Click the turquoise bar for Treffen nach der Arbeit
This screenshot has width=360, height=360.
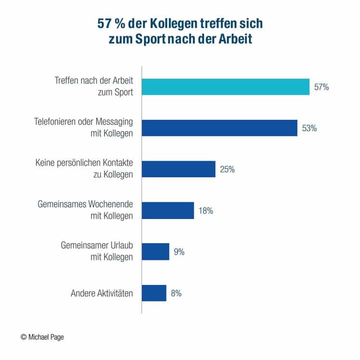[225, 87]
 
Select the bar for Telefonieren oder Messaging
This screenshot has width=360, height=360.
[219, 128]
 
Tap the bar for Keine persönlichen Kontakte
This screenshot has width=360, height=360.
[178, 169]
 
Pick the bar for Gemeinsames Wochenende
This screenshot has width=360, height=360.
[167, 210]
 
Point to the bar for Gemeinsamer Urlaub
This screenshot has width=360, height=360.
[155, 252]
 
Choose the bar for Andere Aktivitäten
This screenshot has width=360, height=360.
[154, 293]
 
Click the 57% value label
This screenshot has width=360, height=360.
[321, 87]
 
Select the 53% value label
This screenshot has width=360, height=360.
[309, 129]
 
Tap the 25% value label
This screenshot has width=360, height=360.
[227, 169]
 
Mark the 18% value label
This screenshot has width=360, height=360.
[206, 211]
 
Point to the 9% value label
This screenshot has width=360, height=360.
[179, 252]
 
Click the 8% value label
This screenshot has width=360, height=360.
[176, 293]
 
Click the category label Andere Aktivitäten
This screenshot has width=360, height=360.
[101, 293]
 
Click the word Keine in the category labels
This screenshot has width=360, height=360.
[45, 164]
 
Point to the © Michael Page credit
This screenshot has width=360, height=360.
[42, 337]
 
